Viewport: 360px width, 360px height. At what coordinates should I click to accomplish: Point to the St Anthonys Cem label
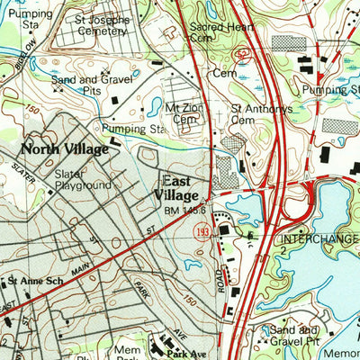pos(262,114)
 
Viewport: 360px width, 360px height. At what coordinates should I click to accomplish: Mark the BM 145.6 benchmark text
pos(185,211)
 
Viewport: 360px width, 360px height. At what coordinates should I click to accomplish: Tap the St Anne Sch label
pos(33,282)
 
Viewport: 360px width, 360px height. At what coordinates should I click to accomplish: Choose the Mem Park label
pos(126,352)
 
